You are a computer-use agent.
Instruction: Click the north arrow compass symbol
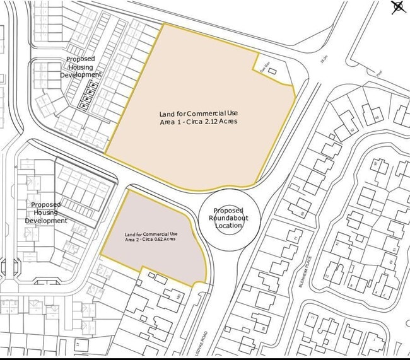(x=397, y=7)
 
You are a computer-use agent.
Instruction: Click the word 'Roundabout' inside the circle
(x=228, y=218)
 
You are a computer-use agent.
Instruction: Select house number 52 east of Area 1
(x=352, y=130)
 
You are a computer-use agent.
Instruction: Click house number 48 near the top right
(x=377, y=117)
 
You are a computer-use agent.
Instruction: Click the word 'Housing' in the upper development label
(x=80, y=67)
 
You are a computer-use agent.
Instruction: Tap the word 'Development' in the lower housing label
(x=46, y=221)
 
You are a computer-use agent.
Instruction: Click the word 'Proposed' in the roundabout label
(x=228, y=211)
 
